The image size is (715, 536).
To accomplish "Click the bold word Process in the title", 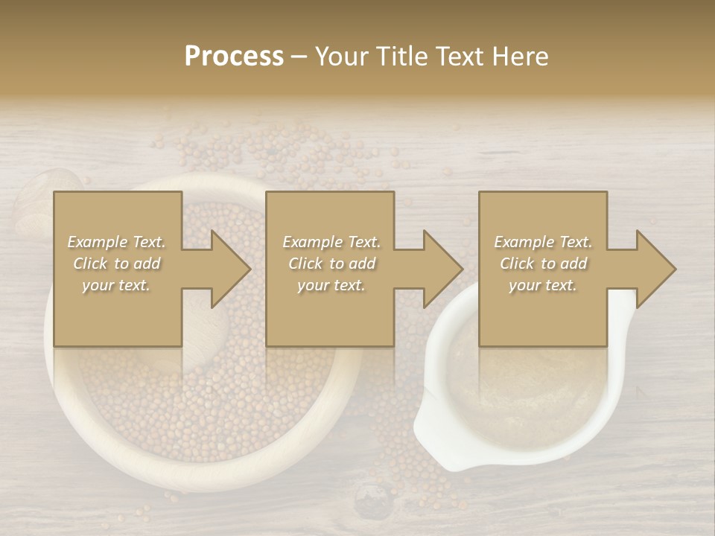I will (x=234, y=57).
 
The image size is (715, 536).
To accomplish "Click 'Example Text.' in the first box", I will (x=116, y=242).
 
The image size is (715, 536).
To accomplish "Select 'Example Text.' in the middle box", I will (x=331, y=242).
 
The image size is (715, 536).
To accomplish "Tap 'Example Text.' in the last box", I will (x=543, y=242).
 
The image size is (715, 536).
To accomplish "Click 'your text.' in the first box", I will (x=116, y=285).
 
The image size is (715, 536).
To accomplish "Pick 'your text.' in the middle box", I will (x=331, y=285).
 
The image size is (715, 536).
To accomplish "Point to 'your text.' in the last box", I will (x=543, y=285).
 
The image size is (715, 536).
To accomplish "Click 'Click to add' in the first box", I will (x=116, y=264).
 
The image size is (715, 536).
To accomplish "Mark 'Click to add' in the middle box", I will (x=331, y=264).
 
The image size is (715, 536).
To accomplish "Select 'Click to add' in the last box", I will (x=543, y=264).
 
